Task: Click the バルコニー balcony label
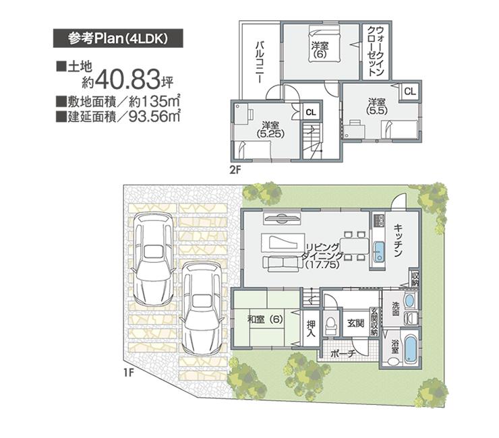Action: (x=258, y=61)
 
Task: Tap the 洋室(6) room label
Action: (x=320, y=50)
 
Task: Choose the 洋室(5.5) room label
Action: (x=376, y=106)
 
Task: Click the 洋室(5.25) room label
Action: (x=270, y=129)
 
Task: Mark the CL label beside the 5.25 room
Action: (x=310, y=113)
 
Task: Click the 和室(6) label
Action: (x=263, y=319)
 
